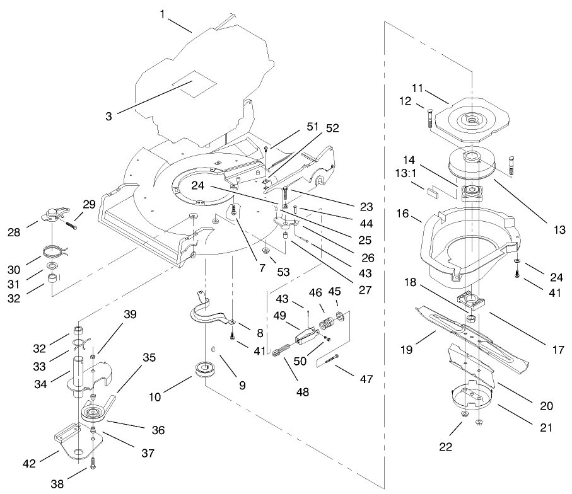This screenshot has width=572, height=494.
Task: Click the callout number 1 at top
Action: point(162,13)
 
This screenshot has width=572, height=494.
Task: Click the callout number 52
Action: point(332,128)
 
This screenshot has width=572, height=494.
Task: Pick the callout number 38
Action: point(58,483)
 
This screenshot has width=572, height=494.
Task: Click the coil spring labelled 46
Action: point(326,324)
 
